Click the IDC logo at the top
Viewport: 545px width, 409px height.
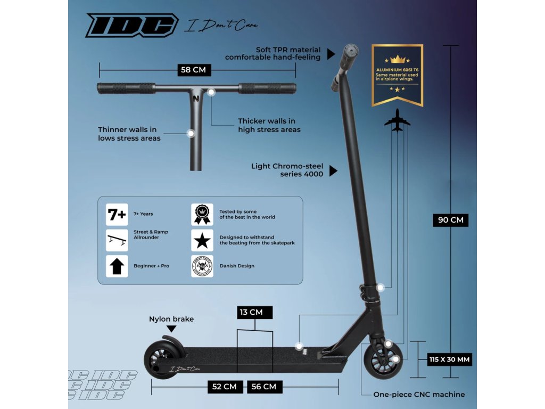[x=131, y=26]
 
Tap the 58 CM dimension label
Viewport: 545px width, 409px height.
[x=195, y=69]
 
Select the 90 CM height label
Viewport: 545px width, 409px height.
[x=450, y=220]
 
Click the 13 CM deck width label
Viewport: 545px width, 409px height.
[x=255, y=312]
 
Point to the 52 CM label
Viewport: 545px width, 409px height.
[x=225, y=387]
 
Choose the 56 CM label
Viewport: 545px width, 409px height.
[x=265, y=387]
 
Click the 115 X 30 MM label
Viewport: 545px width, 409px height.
[x=450, y=359]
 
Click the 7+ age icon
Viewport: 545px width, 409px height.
[x=117, y=215]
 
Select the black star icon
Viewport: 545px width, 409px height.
[x=202, y=241]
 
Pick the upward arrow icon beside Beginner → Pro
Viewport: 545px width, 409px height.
[x=117, y=266]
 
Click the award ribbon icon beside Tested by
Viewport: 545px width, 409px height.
[x=202, y=215]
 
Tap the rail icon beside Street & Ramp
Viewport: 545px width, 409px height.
[x=117, y=241]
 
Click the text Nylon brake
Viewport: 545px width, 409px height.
[x=171, y=319]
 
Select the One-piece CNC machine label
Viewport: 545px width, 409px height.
[x=419, y=395]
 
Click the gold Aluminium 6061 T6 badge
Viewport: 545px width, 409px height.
[x=397, y=75]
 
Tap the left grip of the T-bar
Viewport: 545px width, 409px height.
[x=126, y=88]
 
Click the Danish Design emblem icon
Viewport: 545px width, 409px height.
[x=202, y=266]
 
